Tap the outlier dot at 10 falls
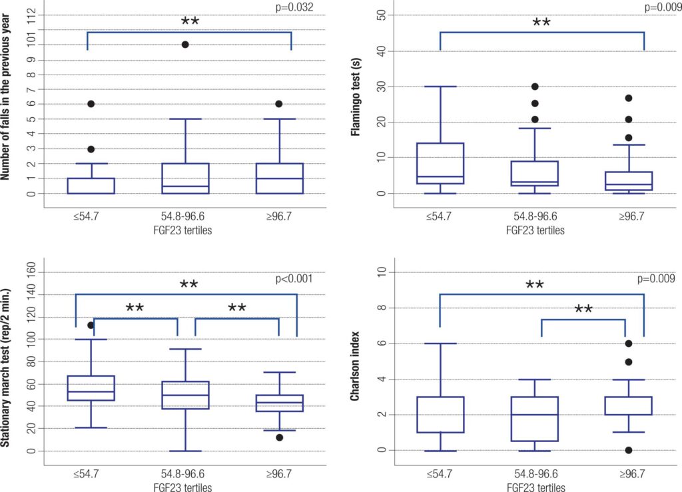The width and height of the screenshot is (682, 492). (x=185, y=45)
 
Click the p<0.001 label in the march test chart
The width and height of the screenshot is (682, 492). (x=295, y=279)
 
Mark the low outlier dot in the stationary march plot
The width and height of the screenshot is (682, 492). (x=280, y=437)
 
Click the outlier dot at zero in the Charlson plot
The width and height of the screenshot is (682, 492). (x=628, y=450)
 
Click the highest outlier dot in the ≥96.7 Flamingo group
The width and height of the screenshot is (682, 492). (x=628, y=98)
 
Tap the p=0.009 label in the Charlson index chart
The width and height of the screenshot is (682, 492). (x=659, y=279)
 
